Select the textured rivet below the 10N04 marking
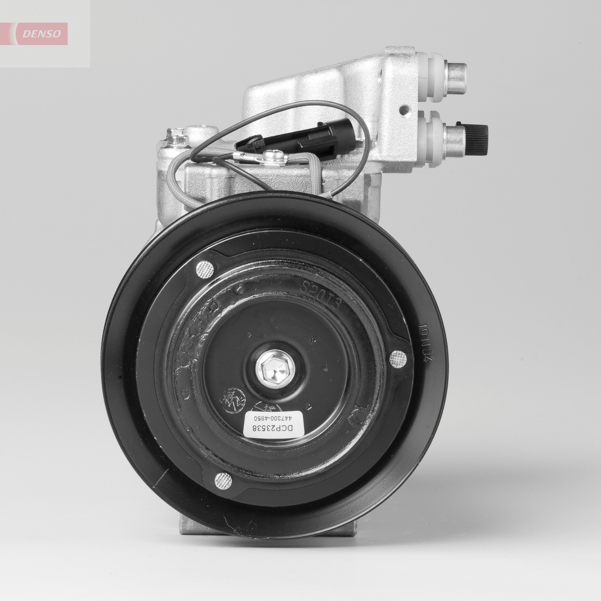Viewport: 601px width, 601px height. (399, 358)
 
